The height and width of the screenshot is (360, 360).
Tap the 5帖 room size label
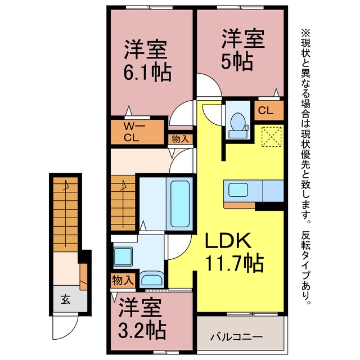pos(237,61)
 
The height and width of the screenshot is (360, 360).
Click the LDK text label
pos(227,240)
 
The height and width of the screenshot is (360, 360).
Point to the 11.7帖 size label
pos(234,263)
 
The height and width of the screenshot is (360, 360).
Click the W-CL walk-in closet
pos(137,132)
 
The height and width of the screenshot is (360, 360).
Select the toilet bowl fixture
pos(238,125)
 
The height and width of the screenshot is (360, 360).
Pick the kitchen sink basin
pos(238,190)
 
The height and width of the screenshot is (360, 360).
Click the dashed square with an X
pos(272,137)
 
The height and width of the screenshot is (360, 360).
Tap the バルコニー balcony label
pos(236,337)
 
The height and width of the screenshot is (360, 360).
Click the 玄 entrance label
pos(66,299)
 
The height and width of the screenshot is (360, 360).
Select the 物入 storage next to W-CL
pos(180,139)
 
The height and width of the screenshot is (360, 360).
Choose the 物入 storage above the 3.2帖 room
pos(123,280)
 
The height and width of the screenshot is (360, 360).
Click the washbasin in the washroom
pos(152,279)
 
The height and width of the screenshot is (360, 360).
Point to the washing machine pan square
pos(123,256)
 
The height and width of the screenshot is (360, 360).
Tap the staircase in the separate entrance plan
pos(65,214)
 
